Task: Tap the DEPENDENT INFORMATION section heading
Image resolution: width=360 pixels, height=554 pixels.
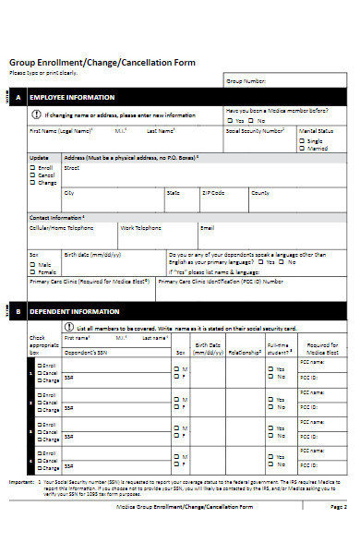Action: point(74,311)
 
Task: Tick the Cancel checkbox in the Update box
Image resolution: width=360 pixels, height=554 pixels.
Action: point(33,175)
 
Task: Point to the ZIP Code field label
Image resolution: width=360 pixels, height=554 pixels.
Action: point(212,193)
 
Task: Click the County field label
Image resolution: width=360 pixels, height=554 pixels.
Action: point(260,193)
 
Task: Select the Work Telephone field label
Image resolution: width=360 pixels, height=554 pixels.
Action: point(140,226)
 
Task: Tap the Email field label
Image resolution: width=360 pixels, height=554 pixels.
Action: point(207,226)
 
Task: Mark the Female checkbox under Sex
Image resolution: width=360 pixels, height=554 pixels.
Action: point(33,271)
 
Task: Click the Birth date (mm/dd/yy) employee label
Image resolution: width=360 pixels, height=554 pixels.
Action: point(91,253)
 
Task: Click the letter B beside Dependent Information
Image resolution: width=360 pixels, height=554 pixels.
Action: point(18,311)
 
